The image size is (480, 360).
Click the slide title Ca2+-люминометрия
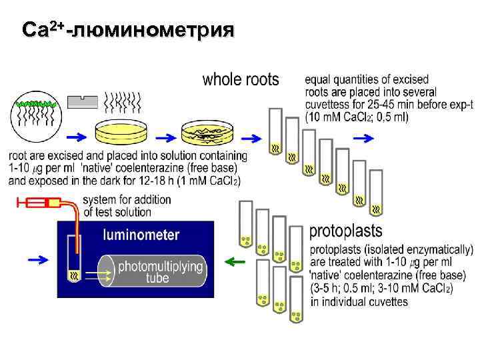[127, 30]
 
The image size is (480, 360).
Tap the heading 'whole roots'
[241, 80]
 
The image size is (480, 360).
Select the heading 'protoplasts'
[345, 231]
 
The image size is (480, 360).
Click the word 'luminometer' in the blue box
[141, 235]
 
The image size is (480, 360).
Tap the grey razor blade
[82, 101]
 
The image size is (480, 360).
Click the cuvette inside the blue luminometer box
[73, 260]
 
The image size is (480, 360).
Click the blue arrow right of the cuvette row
[364, 138]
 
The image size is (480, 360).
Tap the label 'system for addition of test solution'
[127, 206]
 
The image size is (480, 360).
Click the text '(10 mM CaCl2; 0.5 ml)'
[357, 117]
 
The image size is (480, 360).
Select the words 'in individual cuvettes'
[359, 301]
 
